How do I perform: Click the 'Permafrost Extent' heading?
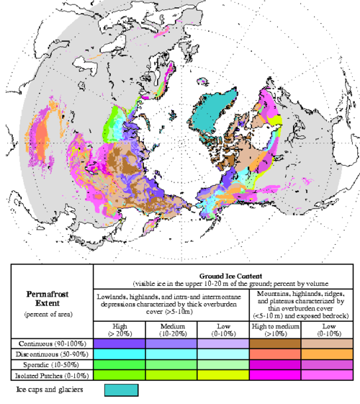(x=48, y=299)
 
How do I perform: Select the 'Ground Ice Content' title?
(x=223, y=275)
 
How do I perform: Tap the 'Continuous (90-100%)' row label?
(x=48, y=344)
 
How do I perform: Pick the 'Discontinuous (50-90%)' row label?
(x=48, y=354)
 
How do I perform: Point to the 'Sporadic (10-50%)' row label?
(x=48, y=365)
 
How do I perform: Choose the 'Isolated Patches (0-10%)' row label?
(x=48, y=375)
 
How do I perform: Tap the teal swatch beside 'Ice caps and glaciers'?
(x=120, y=390)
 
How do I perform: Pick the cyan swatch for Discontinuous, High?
(x=120, y=354)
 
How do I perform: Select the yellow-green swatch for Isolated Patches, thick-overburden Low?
(x=222, y=375)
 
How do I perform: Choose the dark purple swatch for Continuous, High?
(x=120, y=344)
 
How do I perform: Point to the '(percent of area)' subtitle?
(x=48, y=315)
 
